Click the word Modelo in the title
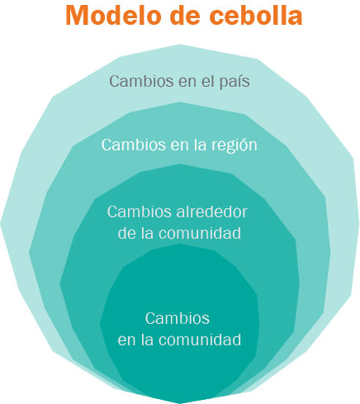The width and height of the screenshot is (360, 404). pyautogui.click(x=114, y=15)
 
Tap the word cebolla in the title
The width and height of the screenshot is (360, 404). pyautogui.click(x=256, y=15)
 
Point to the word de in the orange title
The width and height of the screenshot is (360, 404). pyautogui.click(x=185, y=15)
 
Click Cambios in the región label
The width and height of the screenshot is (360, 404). pyautogui.click(x=134, y=145)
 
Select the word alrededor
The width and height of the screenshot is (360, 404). pyautogui.click(x=211, y=212)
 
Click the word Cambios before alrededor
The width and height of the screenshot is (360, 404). pyautogui.click(x=140, y=212)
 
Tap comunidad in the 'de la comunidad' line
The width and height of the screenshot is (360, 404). pyautogui.click(x=200, y=233)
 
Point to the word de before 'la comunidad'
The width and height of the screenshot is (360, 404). pyautogui.click(x=126, y=233)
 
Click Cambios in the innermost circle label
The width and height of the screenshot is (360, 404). pyautogui.click(x=178, y=318)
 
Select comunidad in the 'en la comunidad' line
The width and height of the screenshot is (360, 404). pyautogui.click(x=200, y=340)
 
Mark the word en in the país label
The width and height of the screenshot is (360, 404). pyautogui.click(x=187, y=83)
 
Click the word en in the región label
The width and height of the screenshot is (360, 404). pyautogui.click(x=179, y=146)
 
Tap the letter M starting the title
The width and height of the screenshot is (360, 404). pyautogui.click(x=77, y=15)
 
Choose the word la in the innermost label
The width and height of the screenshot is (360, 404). pyautogui.click(x=147, y=340)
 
